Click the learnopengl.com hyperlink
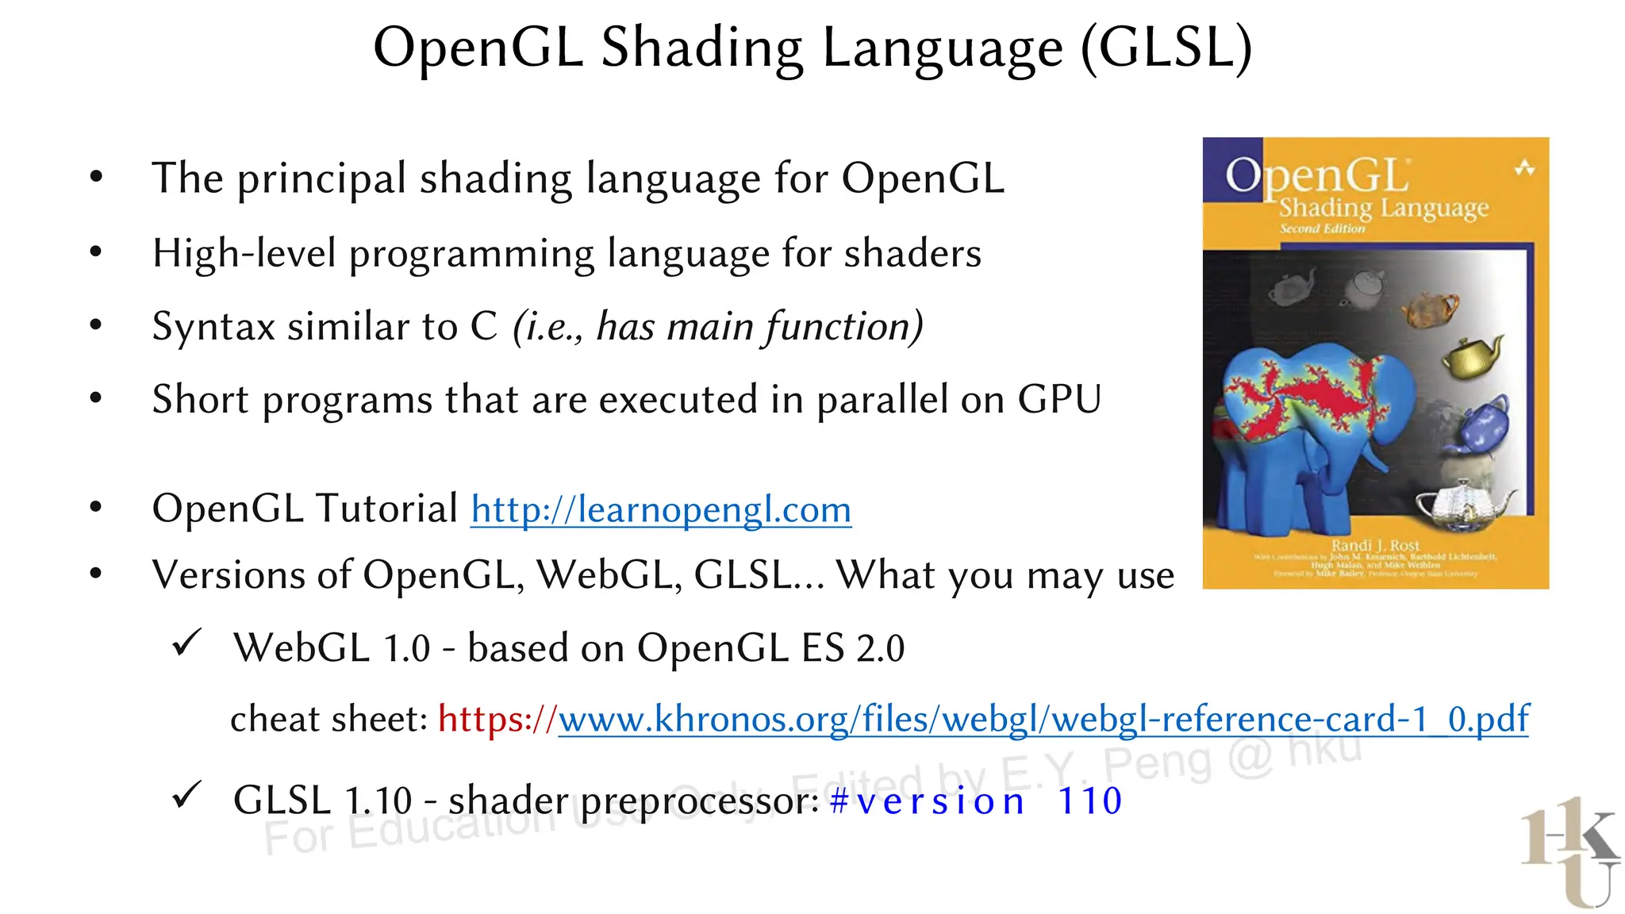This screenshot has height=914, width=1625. [x=660, y=509]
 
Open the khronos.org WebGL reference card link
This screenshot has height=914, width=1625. [x=1043, y=719]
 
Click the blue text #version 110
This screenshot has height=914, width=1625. [x=975, y=801]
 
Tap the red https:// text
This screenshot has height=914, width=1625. [x=497, y=719]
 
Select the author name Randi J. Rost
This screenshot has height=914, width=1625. [x=1375, y=546]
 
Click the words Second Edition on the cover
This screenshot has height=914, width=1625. [x=1322, y=228]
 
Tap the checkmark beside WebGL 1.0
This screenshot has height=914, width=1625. [x=187, y=643]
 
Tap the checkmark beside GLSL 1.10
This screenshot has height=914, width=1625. [x=187, y=795]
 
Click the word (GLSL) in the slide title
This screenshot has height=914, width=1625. [x=1166, y=48]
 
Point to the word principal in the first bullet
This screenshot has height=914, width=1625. [x=322, y=179]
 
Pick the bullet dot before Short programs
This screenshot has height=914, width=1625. [x=96, y=398]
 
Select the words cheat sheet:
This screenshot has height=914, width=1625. [x=328, y=719]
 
